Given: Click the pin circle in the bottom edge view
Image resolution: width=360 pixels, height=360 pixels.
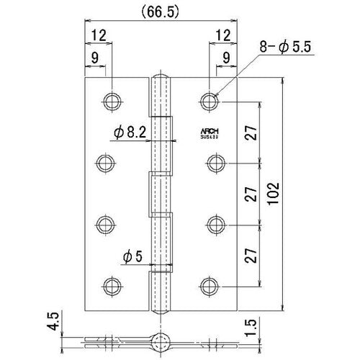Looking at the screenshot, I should pos(162,339).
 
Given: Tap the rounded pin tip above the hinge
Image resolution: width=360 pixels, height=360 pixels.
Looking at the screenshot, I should pos(162,76).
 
